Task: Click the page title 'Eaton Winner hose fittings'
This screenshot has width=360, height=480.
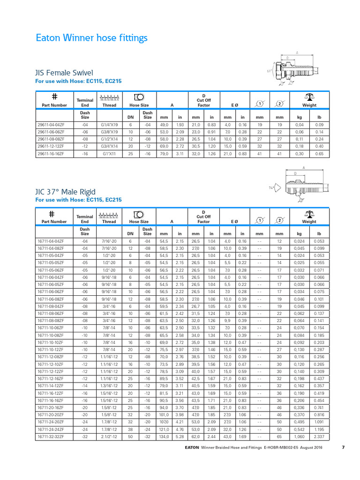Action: point(92,38)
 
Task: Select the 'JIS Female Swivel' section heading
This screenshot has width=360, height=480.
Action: point(64,73)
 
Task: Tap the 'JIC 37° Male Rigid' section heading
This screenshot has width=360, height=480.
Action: point(66,192)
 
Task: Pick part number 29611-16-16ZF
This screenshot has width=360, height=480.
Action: point(54,153)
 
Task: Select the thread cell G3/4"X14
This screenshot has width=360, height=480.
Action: point(109,146)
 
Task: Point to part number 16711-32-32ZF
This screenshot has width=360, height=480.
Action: point(54,437)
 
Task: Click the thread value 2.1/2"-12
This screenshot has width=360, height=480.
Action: point(109,437)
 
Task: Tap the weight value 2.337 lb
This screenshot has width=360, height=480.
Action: point(319,437)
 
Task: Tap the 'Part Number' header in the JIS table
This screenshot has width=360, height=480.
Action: point(54,105)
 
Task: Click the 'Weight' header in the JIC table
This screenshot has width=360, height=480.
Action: point(309,221)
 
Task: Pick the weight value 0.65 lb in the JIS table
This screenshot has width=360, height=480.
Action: point(319,153)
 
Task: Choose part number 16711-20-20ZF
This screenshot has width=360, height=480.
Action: point(54,415)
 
